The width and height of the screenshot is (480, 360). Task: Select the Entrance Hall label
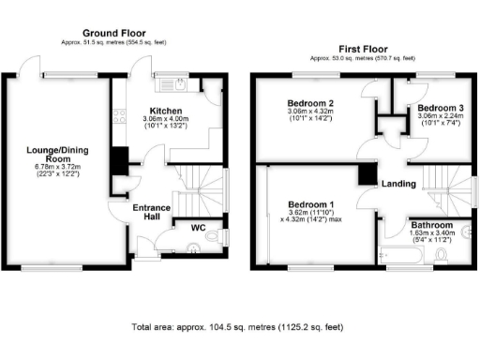150,212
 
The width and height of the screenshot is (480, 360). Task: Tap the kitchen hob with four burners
119,117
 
